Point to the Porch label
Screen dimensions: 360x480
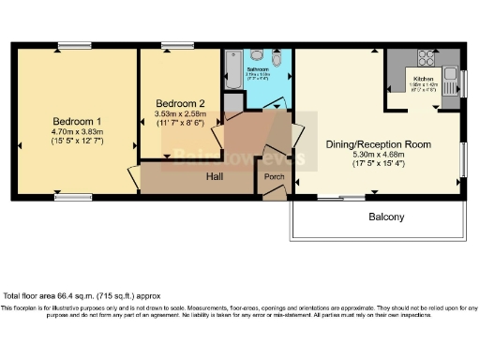click(x=275, y=176)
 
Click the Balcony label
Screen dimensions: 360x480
click(x=385, y=217)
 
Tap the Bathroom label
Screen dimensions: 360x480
click(x=259, y=68)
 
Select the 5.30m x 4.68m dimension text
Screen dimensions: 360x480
click(x=383, y=157)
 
